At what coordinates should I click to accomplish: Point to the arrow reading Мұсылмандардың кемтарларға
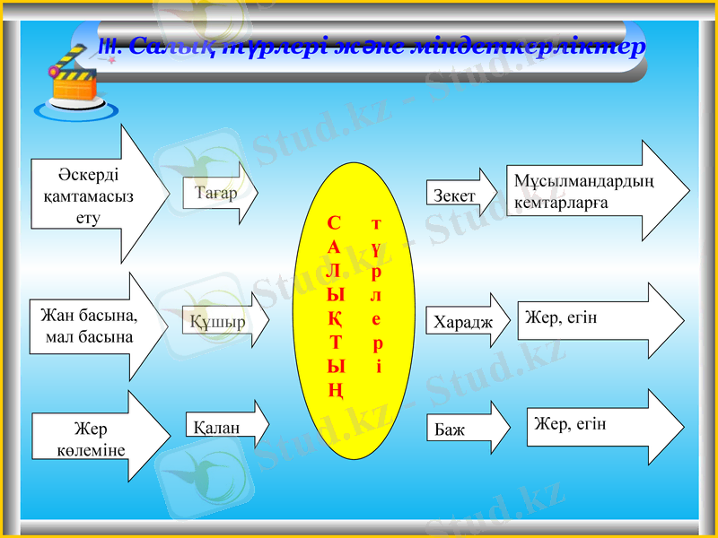coord(592,192)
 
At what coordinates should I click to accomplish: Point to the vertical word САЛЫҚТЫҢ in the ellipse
coord(334,305)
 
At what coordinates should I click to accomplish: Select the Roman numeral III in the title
coord(104,46)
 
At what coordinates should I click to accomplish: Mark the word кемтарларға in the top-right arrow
coord(562,203)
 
